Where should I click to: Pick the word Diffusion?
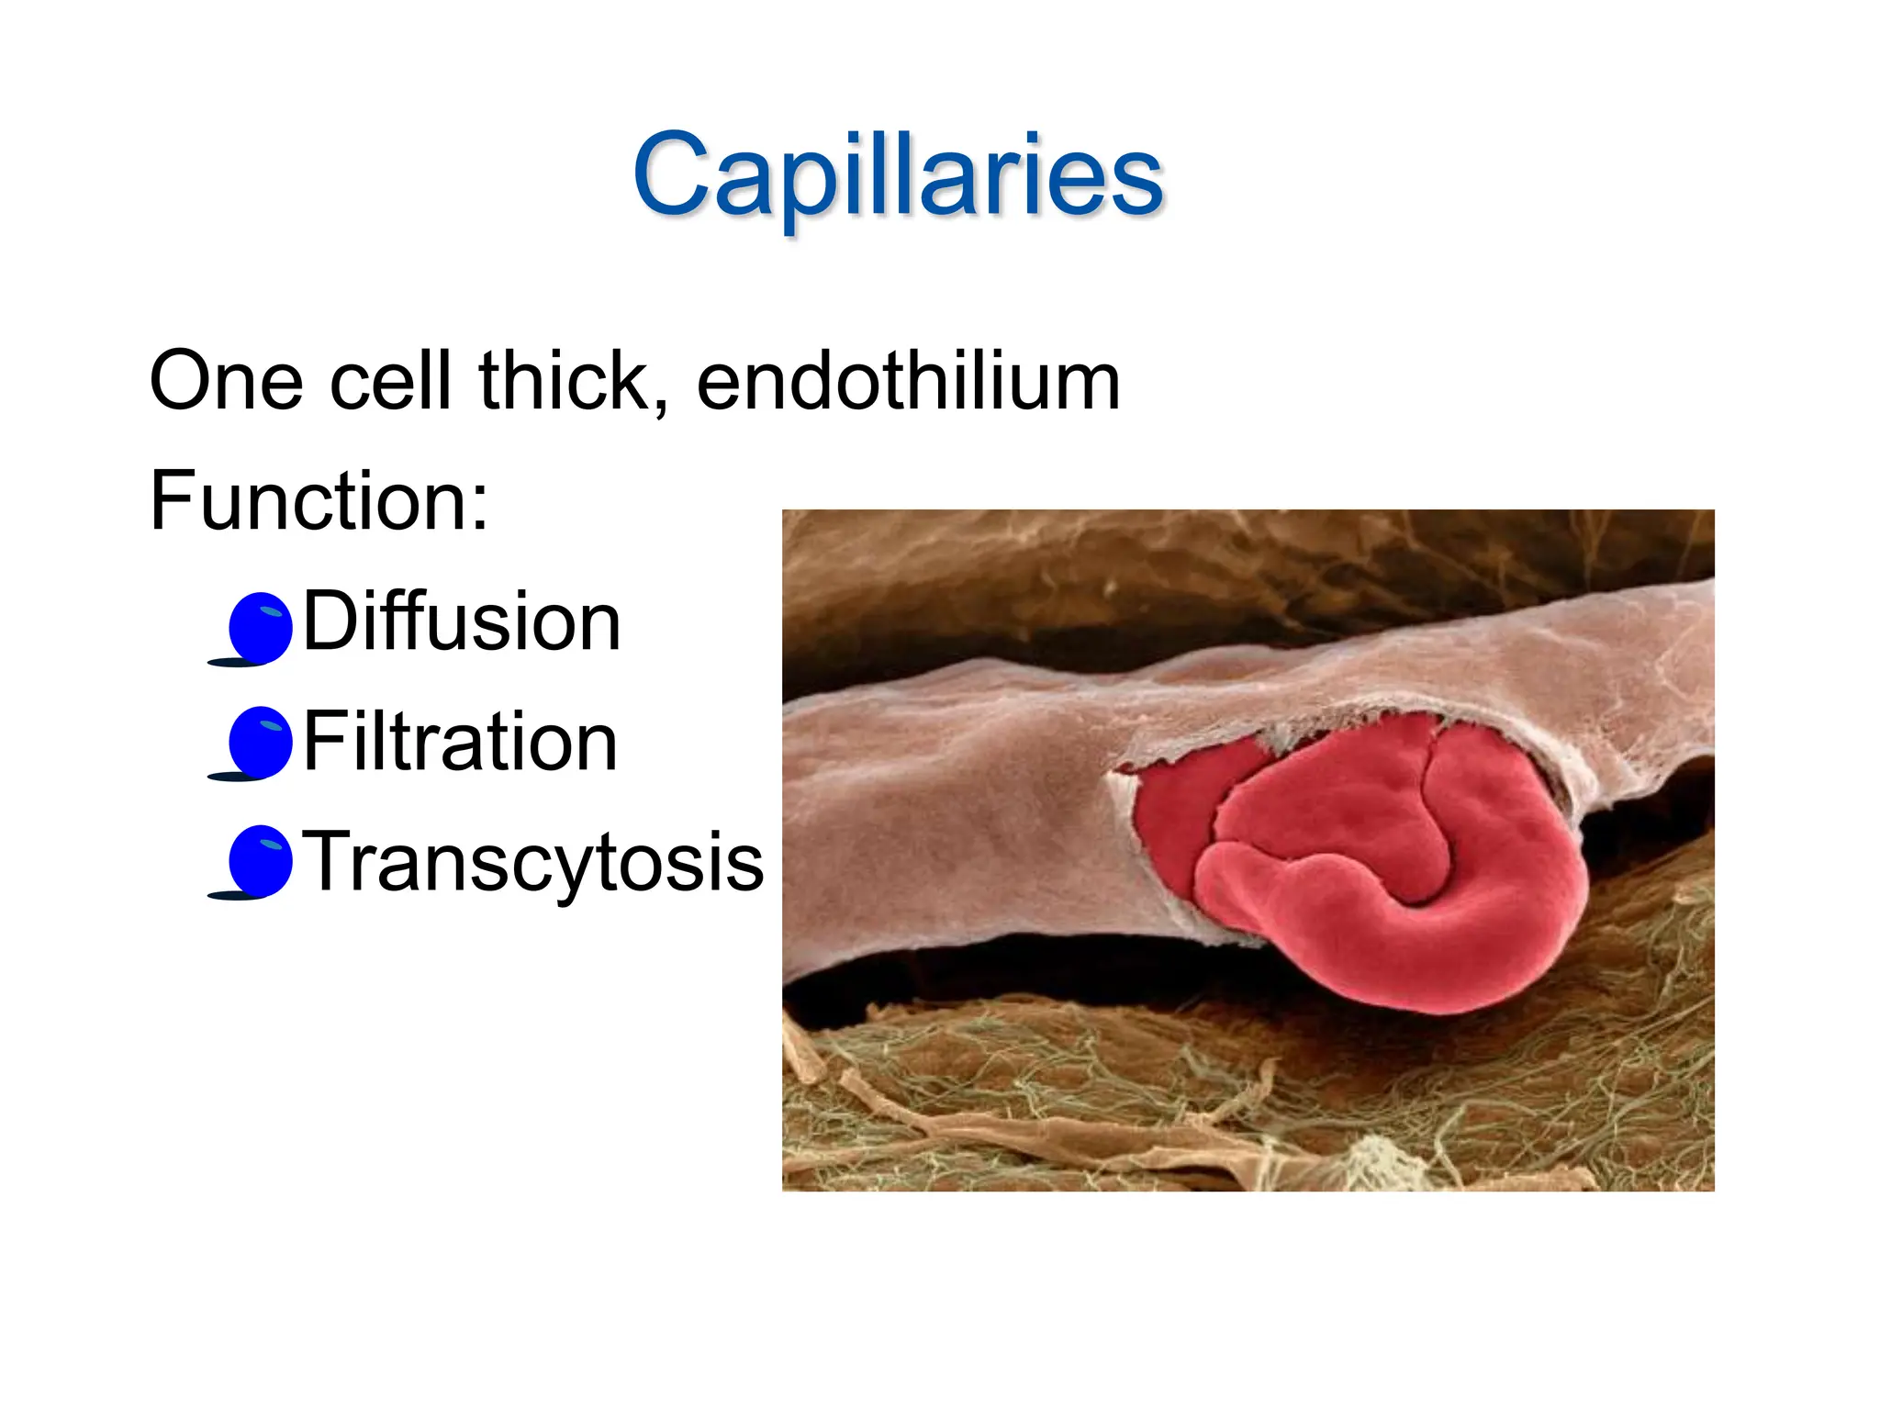click(x=462, y=621)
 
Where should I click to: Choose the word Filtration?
click(x=460, y=742)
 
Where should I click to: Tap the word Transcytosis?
click(x=532, y=861)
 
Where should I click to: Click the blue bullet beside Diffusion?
click(x=260, y=626)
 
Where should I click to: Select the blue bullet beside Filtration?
click(x=260, y=742)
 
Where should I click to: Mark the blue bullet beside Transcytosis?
click(x=260, y=860)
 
